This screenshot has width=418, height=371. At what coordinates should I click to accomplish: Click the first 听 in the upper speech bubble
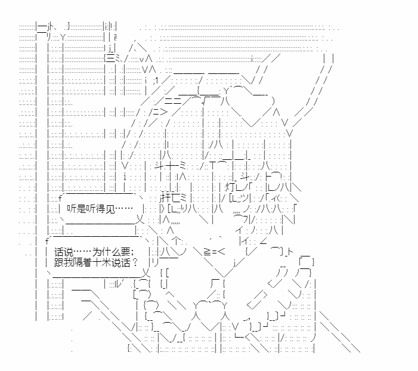(x=71, y=209)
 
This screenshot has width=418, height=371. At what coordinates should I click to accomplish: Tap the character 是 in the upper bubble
(x=80, y=209)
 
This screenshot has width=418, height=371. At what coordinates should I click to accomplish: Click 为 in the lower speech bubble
(x=97, y=252)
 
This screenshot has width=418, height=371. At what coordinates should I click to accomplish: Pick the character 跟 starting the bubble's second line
(x=58, y=262)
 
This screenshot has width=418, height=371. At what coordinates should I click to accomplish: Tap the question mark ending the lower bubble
(x=135, y=262)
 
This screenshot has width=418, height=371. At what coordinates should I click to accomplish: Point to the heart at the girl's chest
(x=209, y=315)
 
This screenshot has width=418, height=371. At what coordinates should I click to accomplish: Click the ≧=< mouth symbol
(x=214, y=252)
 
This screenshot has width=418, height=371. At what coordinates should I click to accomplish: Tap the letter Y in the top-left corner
(x=63, y=38)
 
